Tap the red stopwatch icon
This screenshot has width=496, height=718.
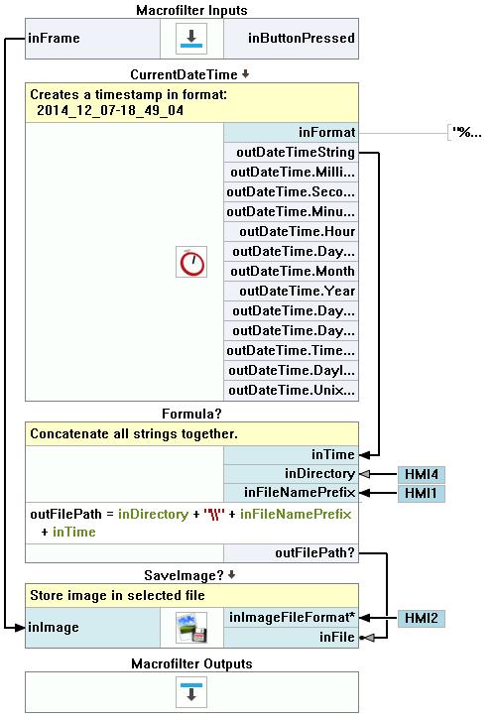pos(191,262)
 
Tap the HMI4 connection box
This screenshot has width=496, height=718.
pos(422,474)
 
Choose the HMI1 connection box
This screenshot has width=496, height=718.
pos(422,493)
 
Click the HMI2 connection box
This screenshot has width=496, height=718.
pos(422,618)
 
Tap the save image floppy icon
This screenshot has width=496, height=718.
pos(191,628)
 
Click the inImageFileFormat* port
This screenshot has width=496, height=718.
pos(291,618)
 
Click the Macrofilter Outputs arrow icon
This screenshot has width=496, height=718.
pos(191,692)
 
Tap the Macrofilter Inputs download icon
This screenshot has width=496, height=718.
pos(191,39)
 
